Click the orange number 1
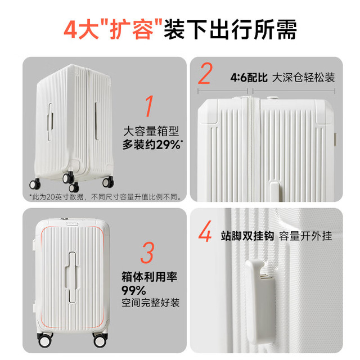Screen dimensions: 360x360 point(150,106)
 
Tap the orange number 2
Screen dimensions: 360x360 point(205,73)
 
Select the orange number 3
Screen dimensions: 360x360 point(147,253)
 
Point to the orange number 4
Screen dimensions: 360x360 point(205,231)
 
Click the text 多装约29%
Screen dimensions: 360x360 point(151,145)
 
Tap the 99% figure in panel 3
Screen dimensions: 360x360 point(134,290)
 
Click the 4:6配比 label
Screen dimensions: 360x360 point(249,78)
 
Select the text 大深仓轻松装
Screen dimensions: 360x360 point(304,78)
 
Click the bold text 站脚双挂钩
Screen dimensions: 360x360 point(247,236)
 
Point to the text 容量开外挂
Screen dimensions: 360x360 point(305,236)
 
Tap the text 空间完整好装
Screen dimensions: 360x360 point(150,303)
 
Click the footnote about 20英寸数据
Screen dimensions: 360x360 point(105,197)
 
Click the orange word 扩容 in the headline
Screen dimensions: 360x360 point(132,30)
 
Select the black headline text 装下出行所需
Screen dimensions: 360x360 point(230,30)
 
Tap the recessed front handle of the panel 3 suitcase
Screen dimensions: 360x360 point(73,277)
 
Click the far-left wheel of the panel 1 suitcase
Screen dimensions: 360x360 point(35,184)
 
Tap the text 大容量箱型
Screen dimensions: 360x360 point(151,131)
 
